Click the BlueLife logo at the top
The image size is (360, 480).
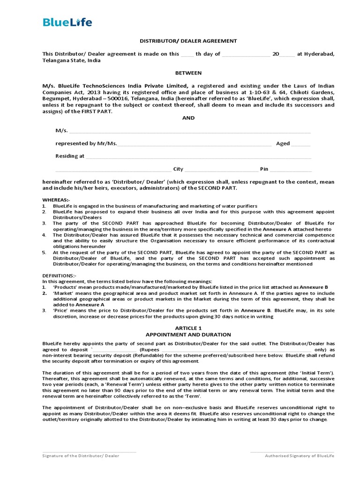coord(67,22)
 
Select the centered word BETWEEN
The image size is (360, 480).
coord(188,73)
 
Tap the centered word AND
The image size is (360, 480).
coord(188,118)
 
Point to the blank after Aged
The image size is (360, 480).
coord(300,143)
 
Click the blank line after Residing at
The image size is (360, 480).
coord(197,156)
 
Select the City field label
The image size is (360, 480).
coord(178,169)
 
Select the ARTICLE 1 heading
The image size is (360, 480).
coord(188,328)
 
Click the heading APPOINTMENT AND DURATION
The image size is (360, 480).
coord(188,335)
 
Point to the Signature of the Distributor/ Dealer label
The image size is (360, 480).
coord(81,456)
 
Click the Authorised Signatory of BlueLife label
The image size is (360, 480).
coord(300,456)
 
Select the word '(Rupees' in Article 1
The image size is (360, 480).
coord(150,349)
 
